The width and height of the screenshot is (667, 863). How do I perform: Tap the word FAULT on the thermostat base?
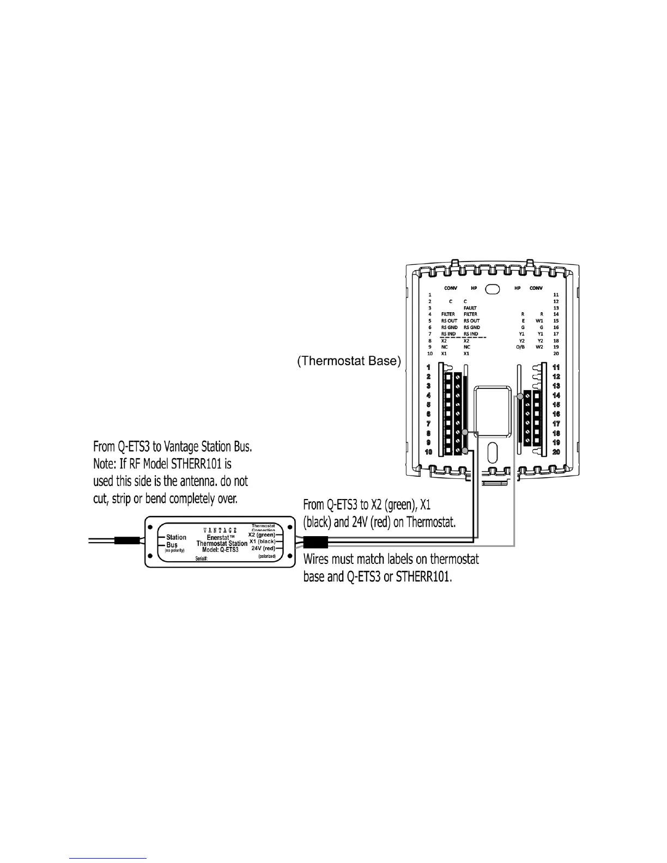pyautogui.click(x=470, y=308)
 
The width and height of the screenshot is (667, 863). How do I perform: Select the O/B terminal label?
pyautogui.click(x=520, y=347)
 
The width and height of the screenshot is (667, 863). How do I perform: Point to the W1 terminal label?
pyautogui.click(x=539, y=321)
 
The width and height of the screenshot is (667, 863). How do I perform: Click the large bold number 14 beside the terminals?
pyautogui.click(x=556, y=395)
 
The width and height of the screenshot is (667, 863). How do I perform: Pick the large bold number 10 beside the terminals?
pyautogui.click(x=429, y=452)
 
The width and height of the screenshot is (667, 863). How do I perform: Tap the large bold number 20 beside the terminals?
pyautogui.click(x=556, y=452)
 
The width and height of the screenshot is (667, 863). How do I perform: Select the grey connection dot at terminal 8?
pyautogui.click(x=465, y=433)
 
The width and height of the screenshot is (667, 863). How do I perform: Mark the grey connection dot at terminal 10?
pyautogui.click(x=465, y=451)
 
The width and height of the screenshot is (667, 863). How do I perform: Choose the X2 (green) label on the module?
pyautogui.click(x=262, y=534)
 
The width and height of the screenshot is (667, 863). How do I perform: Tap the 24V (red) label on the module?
pyautogui.click(x=264, y=548)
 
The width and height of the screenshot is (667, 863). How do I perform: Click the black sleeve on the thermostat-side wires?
pyautogui.click(x=315, y=543)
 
